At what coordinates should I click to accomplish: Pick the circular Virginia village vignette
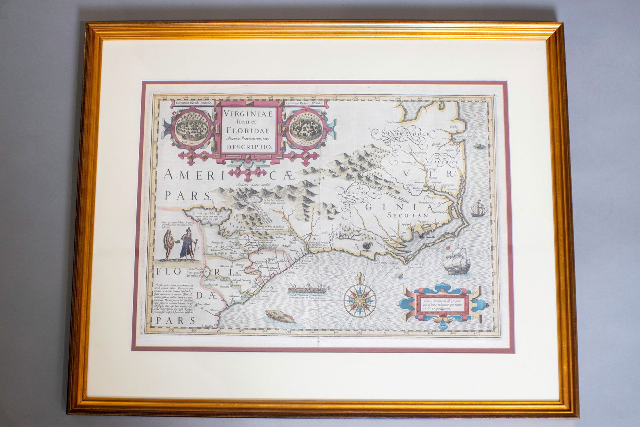pyautogui.click(x=303, y=128)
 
